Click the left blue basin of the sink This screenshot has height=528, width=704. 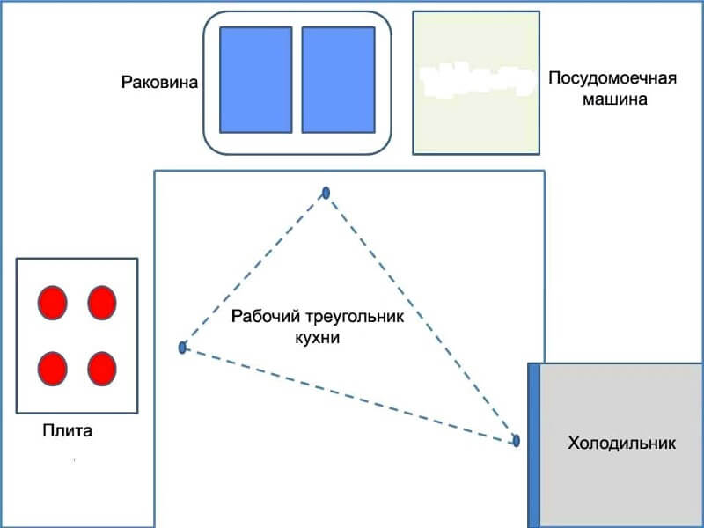point(255,79)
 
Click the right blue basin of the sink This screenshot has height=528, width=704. point(338,79)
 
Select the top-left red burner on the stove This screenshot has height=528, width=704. point(52,302)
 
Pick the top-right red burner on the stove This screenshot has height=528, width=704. point(102,302)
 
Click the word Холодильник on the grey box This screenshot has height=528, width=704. point(622,444)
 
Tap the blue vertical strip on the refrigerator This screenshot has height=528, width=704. point(533,444)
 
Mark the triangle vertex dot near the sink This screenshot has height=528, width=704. point(326,192)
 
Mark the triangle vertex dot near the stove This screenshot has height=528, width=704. point(182,348)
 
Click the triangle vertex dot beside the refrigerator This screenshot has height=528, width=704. point(517,440)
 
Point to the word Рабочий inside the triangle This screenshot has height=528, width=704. point(260,317)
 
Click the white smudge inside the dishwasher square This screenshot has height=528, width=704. point(476,80)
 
